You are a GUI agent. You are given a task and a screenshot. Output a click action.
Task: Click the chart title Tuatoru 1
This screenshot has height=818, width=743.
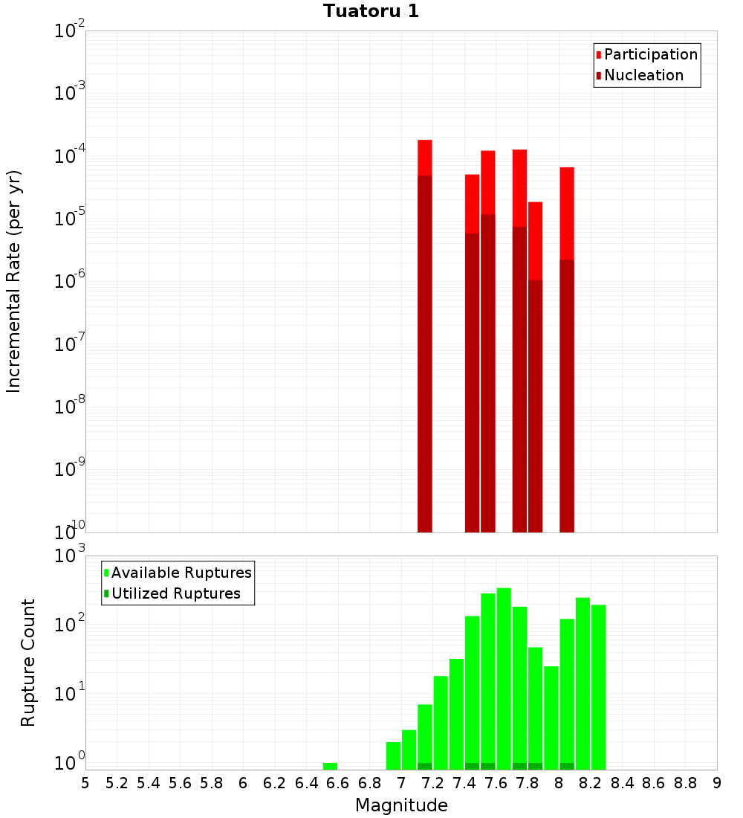pos(371,11)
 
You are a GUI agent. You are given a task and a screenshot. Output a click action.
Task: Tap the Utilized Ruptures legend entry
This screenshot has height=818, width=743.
pos(175,593)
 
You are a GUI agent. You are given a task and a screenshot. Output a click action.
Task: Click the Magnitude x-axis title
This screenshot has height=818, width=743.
pos(401,805)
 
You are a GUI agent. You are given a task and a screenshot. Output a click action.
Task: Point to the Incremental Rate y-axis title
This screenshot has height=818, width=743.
pos(14,281)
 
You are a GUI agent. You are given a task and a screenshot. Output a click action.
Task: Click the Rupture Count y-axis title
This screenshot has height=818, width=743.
pos(27,663)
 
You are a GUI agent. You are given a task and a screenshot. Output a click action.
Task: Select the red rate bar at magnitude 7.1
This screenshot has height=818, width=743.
pos(425,335)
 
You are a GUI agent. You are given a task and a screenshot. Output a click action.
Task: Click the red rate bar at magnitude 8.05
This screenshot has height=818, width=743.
pos(567,350)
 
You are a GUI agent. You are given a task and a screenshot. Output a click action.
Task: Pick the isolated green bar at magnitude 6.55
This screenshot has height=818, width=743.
pos(330,766)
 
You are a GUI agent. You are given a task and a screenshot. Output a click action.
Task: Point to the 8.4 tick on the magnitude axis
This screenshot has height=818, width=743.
pos(623,782)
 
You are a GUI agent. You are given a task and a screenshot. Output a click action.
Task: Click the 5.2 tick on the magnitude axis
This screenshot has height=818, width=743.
pos(117,782)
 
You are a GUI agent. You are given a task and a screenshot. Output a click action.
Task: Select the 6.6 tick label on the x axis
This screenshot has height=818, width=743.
pos(338,782)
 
